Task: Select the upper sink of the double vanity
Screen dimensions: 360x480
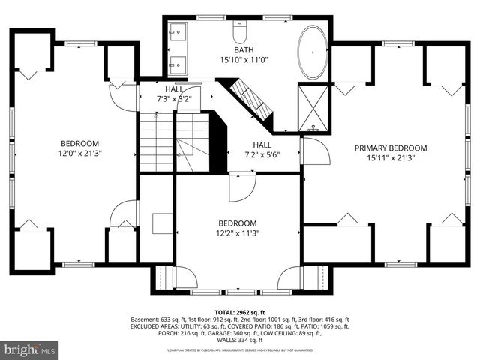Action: coord(178,33)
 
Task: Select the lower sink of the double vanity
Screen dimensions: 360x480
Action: coord(178,61)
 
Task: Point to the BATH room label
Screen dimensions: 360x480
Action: coord(238,49)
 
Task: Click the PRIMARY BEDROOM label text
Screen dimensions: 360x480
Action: coord(391,148)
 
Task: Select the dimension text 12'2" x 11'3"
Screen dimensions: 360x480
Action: coord(238,232)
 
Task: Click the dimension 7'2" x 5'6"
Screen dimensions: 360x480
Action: coord(262,154)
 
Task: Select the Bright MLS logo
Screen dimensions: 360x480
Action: coord(31,349)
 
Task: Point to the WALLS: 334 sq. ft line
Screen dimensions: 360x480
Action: coord(239,340)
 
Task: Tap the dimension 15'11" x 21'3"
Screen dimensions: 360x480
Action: coord(391,158)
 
